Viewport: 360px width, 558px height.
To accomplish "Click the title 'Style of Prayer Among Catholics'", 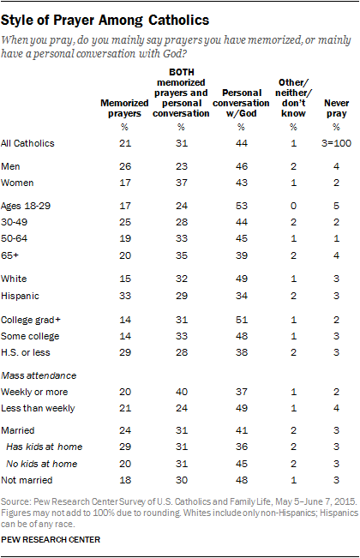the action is click(105, 21).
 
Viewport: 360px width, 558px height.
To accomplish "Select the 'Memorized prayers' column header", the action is click(124, 108).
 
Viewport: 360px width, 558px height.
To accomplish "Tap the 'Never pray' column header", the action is click(336, 108).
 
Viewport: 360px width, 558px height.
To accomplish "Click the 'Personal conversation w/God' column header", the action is click(241, 103).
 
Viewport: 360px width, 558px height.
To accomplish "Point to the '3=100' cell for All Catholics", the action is click(336, 143).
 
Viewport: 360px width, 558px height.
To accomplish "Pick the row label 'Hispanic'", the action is click(20, 296).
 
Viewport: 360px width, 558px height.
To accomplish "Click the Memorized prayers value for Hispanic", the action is click(125, 296).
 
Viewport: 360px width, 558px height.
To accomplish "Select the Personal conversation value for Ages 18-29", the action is click(242, 206).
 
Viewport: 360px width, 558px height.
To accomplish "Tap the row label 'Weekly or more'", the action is click(34, 393).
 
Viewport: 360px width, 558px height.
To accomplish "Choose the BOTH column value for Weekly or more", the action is click(182, 393).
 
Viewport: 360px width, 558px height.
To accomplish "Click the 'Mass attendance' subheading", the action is click(39, 375).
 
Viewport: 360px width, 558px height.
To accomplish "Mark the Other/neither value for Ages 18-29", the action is click(293, 206).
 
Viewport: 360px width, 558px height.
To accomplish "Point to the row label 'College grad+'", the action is click(31, 320).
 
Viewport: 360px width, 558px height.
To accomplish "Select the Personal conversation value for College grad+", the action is click(242, 320).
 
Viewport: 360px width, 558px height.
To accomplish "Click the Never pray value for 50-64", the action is click(336, 238).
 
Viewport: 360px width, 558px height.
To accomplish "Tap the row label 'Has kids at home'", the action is click(44, 447).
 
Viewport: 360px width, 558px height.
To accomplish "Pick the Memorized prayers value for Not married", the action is click(125, 480).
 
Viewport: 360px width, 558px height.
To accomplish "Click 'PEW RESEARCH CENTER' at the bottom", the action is click(51, 540).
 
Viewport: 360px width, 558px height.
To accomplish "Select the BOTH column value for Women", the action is click(182, 183).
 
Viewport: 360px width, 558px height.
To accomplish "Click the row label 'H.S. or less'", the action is click(25, 352).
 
